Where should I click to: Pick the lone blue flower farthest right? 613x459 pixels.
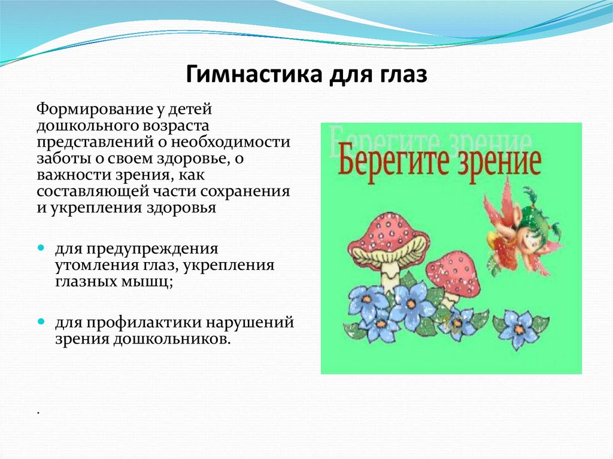click(x=518, y=327)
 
